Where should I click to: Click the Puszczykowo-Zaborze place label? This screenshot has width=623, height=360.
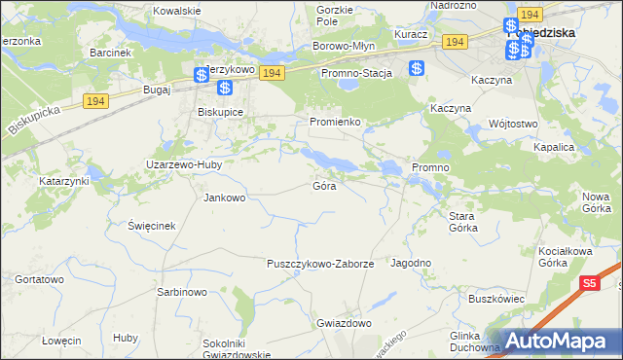click(x=320, y=264)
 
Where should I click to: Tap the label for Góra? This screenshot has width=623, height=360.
click(x=324, y=185)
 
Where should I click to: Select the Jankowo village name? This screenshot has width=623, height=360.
click(x=224, y=198)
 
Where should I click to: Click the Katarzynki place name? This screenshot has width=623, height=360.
click(x=64, y=181)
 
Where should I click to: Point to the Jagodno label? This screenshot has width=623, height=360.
click(x=411, y=264)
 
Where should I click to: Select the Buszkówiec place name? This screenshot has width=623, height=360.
click(x=496, y=299)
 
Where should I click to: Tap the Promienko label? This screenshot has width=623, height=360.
click(x=336, y=122)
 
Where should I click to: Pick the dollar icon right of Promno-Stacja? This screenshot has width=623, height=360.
click(x=416, y=69)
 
